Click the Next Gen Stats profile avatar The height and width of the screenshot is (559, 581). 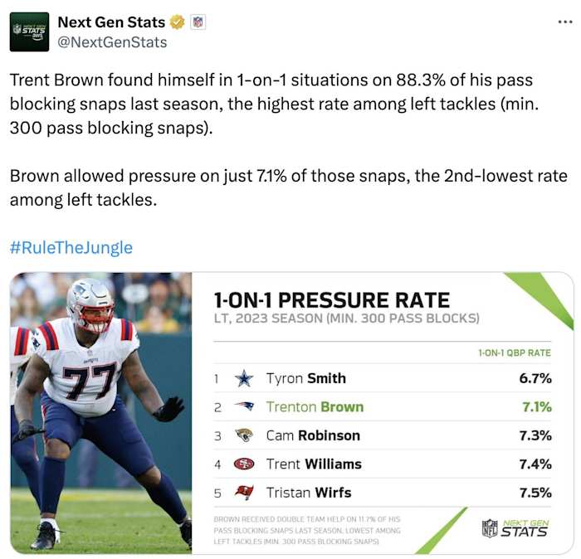pos(29,32)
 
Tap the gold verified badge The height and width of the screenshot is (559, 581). pos(178,22)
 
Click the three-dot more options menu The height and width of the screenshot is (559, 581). pos(564,22)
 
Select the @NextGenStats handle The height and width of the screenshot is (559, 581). pos(112,42)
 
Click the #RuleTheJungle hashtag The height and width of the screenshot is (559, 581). pos(71,248)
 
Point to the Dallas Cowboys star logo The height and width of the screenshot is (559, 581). pos(243,378)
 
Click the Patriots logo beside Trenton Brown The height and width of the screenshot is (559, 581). pos(243,406)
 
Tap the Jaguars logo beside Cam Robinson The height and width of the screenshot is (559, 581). pos(243,435)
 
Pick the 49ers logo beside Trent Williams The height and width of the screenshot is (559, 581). pos(243,464)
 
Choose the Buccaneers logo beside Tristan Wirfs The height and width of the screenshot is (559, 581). pos(243,493)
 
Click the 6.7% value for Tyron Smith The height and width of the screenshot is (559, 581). pos(535,378)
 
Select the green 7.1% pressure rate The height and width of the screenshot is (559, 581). pos(535,406)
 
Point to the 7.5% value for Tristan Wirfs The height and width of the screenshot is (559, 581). pos(535,493)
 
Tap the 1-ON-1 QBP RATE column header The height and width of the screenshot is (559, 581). pos(515,352)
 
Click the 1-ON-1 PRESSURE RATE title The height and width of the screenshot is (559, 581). pos(331,299)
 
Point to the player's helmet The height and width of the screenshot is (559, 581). pos(90,305)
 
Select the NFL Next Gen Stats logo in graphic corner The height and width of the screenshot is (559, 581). pos(515,527)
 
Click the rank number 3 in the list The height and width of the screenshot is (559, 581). pos(217,435)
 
